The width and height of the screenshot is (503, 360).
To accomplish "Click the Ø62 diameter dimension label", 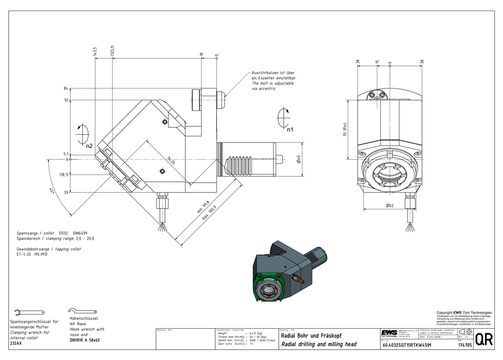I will [389, 205].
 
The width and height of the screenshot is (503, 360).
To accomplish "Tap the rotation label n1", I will [290, 129].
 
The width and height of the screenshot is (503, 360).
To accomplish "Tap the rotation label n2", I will [89, 146].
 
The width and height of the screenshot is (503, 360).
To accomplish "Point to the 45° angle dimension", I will [52, 191].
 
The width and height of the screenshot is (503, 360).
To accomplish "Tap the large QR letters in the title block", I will [484, 339].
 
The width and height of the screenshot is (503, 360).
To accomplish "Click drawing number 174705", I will [465, 345].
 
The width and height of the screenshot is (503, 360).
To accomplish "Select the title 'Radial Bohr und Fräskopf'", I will [313, 336].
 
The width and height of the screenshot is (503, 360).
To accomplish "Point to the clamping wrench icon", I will [24, 312].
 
